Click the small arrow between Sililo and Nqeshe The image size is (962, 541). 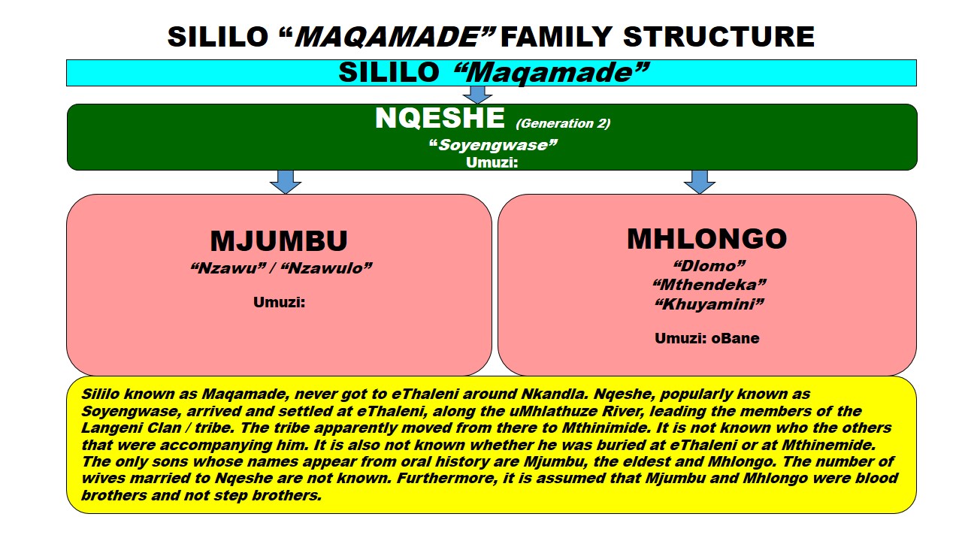pyautogui.click(x=477, y=95)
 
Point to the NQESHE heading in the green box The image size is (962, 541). pyautogui.click(x=440, y=119)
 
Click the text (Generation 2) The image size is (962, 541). pyautogui.click(x=563, y=123)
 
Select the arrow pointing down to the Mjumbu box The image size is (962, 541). pyautogui.click(x=286, y=181)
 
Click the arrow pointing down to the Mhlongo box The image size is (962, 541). pyautogui.click(x=700, y=181)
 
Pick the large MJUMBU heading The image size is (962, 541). pyautogui.click(x=279, y=241)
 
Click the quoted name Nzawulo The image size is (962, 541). pyautogui.click(x=326, y=267)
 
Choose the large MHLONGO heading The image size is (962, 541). pyautogui.click(x=706, y=238)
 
